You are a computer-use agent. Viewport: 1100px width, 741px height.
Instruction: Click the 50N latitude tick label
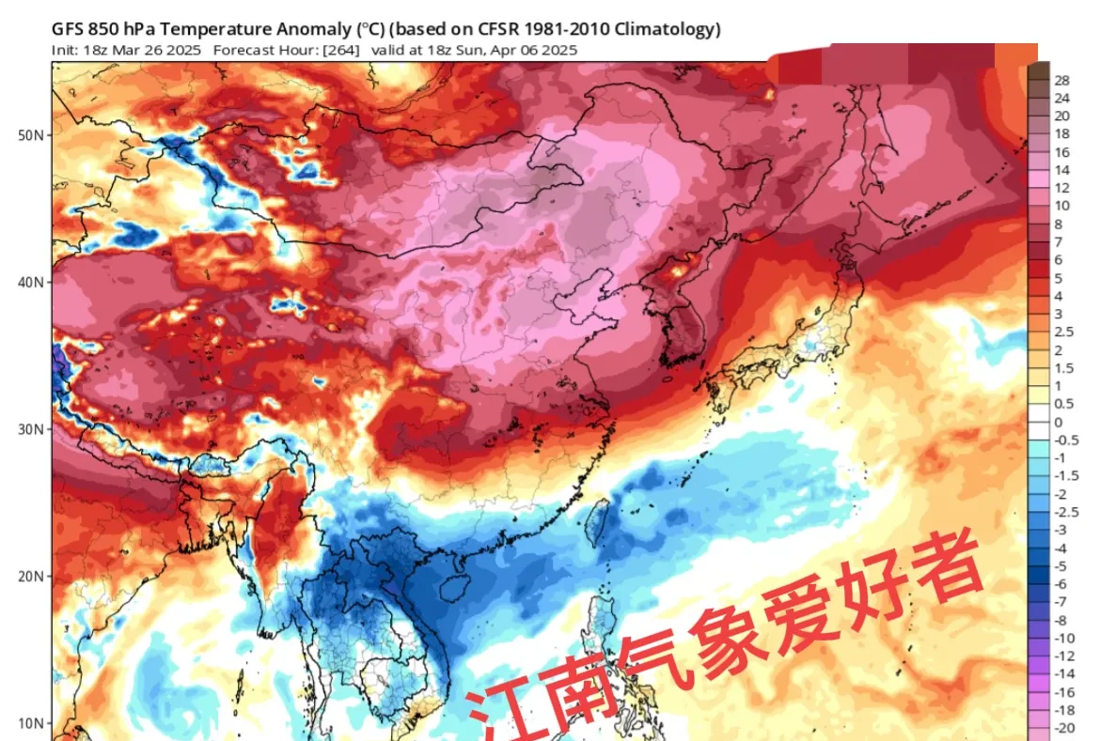click(x=30, y=135)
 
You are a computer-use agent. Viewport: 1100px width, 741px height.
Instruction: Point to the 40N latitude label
click(x=30, y=282)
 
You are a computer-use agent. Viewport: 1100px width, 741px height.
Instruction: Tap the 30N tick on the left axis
click(x=30, y=429)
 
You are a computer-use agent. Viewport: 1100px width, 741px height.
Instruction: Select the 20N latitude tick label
click(x=30, y=576)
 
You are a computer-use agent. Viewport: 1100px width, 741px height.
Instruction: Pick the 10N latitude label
click(x=30, y=723)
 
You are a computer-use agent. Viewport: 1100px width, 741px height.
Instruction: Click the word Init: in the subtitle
click(x=66, y=50)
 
